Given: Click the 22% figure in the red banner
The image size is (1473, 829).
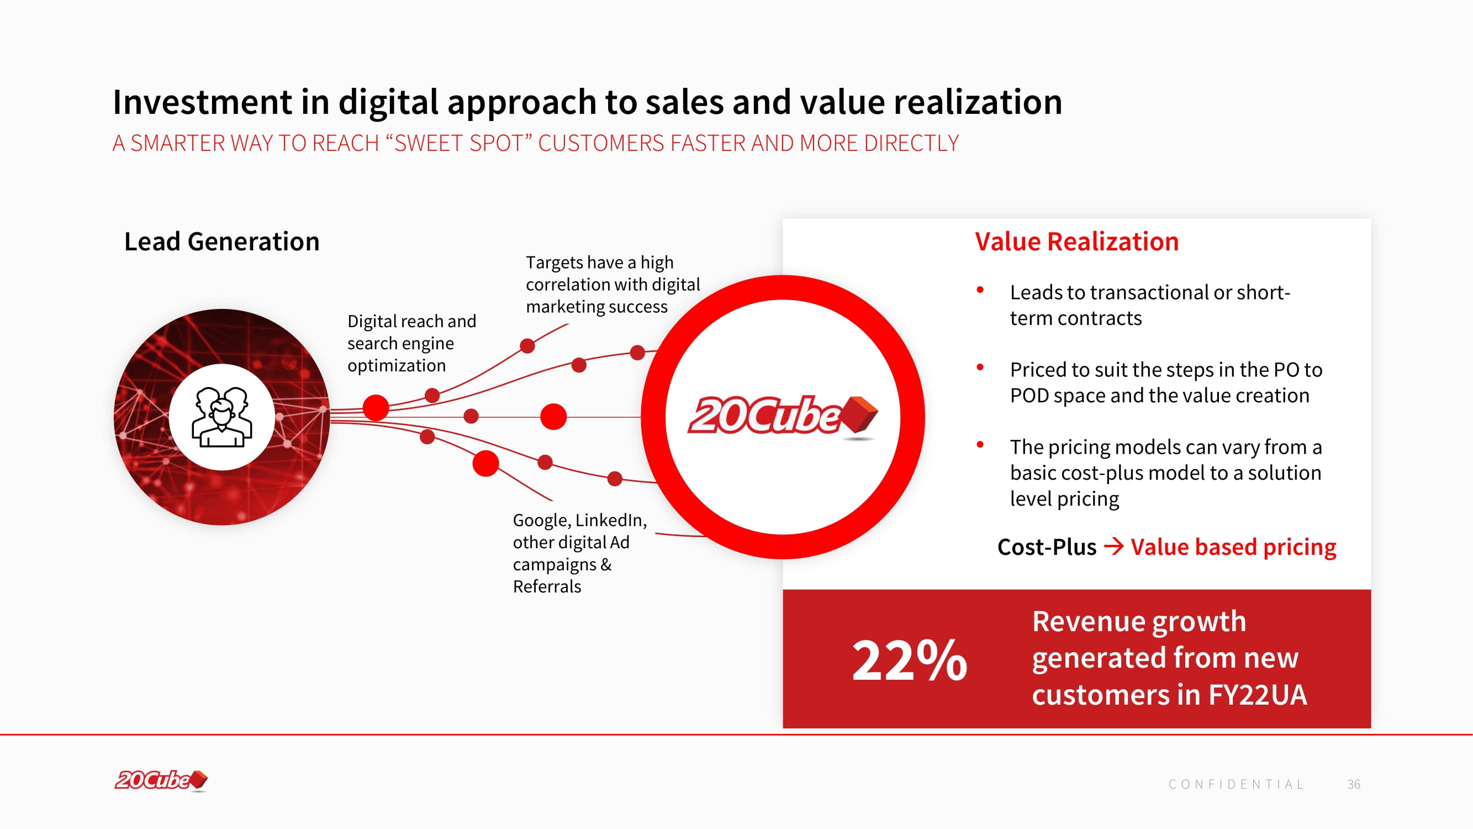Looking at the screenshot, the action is pos(909,660).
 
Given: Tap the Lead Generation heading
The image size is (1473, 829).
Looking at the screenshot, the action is pos(222,242).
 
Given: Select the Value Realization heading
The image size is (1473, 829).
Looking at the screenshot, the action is pos(1077,242).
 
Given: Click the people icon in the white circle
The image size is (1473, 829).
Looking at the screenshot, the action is pos(222,417).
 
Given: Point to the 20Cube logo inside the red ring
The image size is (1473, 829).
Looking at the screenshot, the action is pos(782,417).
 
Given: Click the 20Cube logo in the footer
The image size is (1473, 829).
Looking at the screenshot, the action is pos(161,780).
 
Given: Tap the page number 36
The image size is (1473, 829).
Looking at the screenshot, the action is pos(1354,784).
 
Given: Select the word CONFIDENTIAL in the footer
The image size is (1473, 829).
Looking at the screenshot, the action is pos(1236,784).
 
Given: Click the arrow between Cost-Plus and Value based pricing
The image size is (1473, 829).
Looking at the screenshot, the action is pos(1113,547).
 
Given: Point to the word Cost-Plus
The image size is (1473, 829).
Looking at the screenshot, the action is pos(1047,547).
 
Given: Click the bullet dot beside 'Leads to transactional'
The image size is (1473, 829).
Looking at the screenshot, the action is pos(980,290).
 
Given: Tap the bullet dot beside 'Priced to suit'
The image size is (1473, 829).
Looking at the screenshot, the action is pos(980,368).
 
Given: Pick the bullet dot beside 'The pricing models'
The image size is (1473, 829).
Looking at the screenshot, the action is pos(980,444).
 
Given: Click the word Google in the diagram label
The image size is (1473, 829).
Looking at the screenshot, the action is pos(542,521).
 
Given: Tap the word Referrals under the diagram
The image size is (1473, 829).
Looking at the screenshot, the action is pos(547,586).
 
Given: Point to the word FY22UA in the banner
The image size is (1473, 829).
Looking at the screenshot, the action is pos(1258,695).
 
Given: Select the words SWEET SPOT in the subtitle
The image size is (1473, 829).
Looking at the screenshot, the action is pos(463,143).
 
